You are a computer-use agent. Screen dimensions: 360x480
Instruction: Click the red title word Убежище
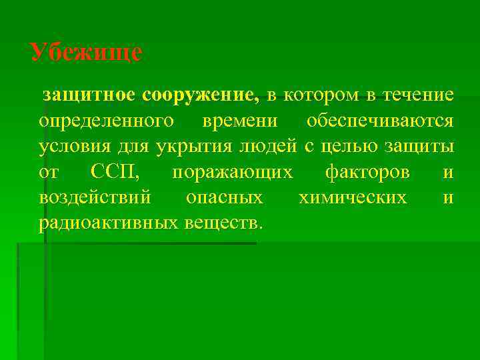[x=87, y=53]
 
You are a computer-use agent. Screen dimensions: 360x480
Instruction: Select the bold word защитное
[x=89, y=96]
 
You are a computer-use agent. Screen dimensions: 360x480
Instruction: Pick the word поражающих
[x=232, y=173]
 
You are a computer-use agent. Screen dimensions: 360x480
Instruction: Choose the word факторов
[x=367, y=173]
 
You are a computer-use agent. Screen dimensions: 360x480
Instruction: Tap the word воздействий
[x=95, y=198]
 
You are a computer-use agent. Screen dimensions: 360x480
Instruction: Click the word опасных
[x=225, y=198]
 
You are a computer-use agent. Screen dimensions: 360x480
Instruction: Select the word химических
[x=353, y=198]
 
